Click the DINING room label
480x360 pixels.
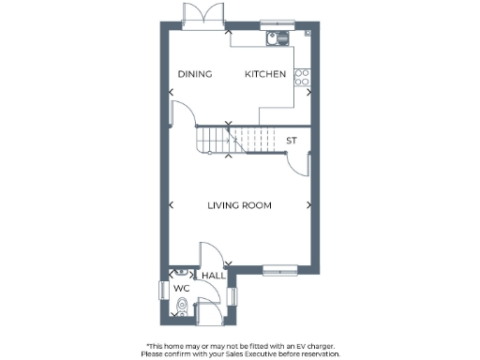[195, 75]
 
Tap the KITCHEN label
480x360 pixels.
[265, 75]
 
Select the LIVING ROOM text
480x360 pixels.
[240, 205]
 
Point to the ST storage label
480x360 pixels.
[292, 142]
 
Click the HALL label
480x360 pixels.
[213, 276]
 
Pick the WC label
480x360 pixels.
[181, 289]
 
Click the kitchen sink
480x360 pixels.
[276, 38]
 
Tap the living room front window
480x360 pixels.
[279, 271]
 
